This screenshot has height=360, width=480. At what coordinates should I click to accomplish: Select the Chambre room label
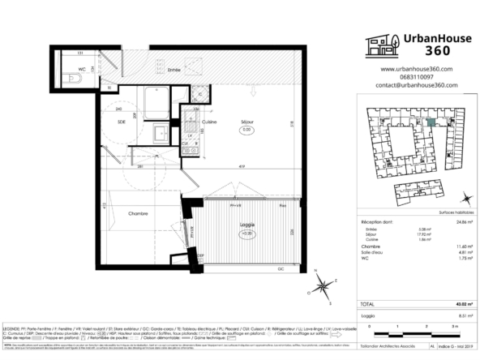pyautogui.click(x=120, y=214)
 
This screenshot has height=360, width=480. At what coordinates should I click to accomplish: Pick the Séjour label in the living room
pyautogui.click(x=246, y=122)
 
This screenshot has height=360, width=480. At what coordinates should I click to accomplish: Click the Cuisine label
pyautogui.click(x=208, y=122)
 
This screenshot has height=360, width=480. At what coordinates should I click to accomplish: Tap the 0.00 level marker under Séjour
pyautogui.click(x=246, y=130)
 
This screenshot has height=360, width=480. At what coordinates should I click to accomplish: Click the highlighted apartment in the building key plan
pyautogui.click(x=432, y=122)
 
